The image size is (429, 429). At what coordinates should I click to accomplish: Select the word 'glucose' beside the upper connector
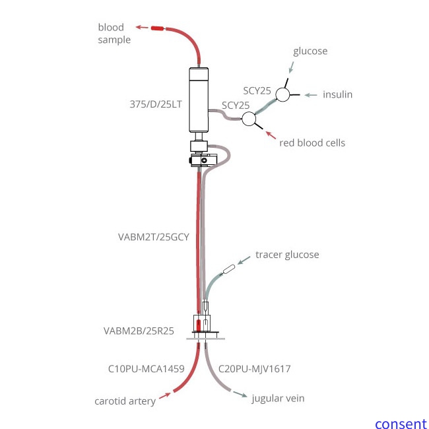pos(310,51)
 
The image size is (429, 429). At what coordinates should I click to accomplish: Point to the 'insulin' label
pos(337,94)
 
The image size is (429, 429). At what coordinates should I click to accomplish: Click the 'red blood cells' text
pos(312,143)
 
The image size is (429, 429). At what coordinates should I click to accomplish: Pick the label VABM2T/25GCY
pos(153,238)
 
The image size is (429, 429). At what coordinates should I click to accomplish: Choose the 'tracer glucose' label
pos(286,255)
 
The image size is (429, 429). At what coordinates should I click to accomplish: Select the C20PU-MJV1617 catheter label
pos(254,369)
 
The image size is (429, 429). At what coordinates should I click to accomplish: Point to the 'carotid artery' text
pos(125,401)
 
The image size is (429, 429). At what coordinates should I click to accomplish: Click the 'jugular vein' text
pos(278,398)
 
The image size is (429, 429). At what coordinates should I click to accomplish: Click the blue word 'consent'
pos(401,424)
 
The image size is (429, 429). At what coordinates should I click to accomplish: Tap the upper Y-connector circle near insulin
pos(283,95)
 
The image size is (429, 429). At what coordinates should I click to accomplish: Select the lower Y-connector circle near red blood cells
pos(249,119)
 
